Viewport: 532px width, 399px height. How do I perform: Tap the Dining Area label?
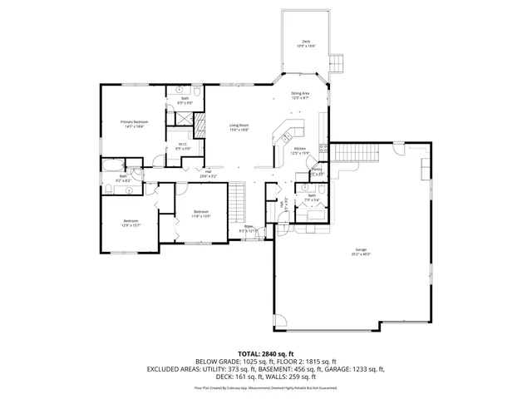click(299, 93)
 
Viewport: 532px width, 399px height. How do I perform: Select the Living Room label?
click(239, 126)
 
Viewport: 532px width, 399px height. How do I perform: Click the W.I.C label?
click(182, 145)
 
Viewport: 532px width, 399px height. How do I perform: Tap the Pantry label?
click(317, 170)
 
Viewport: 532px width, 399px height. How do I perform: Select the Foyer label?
click(249, 226)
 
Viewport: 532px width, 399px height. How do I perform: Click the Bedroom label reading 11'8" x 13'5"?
click(200, 212)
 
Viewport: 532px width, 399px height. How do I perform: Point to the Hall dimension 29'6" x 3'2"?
click(207, 176)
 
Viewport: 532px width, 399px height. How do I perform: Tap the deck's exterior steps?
click(337, 64)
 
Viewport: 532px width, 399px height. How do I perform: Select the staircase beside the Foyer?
click(239, 199)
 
